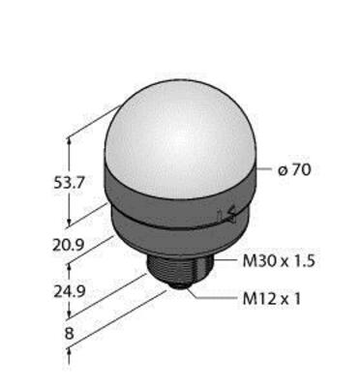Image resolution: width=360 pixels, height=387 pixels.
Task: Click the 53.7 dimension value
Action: tap(69, 183)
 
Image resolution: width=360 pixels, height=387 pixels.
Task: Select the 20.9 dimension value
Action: tap(69, 245)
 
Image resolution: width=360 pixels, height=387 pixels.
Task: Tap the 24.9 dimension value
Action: tap(69, 292)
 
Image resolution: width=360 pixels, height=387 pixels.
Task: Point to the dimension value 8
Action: tap(69, 334)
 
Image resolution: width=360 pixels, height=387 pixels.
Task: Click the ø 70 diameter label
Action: tap(294, 170)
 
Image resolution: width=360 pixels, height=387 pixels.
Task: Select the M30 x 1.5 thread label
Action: tap(279, 261)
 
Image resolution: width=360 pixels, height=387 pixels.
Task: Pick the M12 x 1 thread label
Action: tap(272, 299)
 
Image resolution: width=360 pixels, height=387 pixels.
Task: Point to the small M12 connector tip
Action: tap(178, 286)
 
